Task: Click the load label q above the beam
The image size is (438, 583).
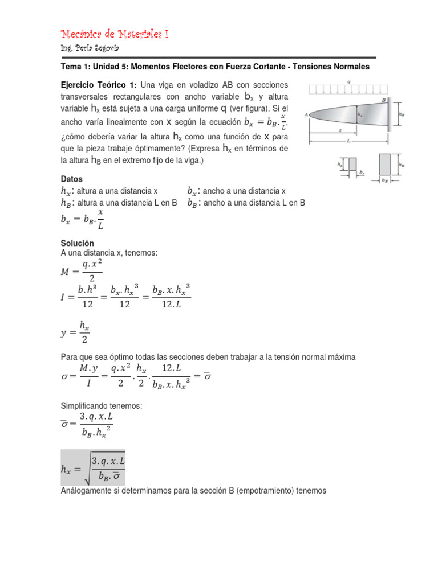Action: pyautogui.click(x=349, y=81)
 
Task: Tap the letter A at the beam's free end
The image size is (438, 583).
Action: pyautogui.click(x=307, y=114)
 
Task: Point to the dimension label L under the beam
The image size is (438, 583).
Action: pyautogui.click(x=348, y=139)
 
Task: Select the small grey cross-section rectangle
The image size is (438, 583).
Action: pyautogui.click(x=352, y=164)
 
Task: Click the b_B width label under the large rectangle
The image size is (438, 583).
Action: pyautogui.click(x=385, y=182)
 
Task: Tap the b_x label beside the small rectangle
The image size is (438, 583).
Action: pyautogui.click(x=362, y=172)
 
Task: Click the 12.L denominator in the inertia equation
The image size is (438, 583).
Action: pyautogui.click(x=171, y=305)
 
